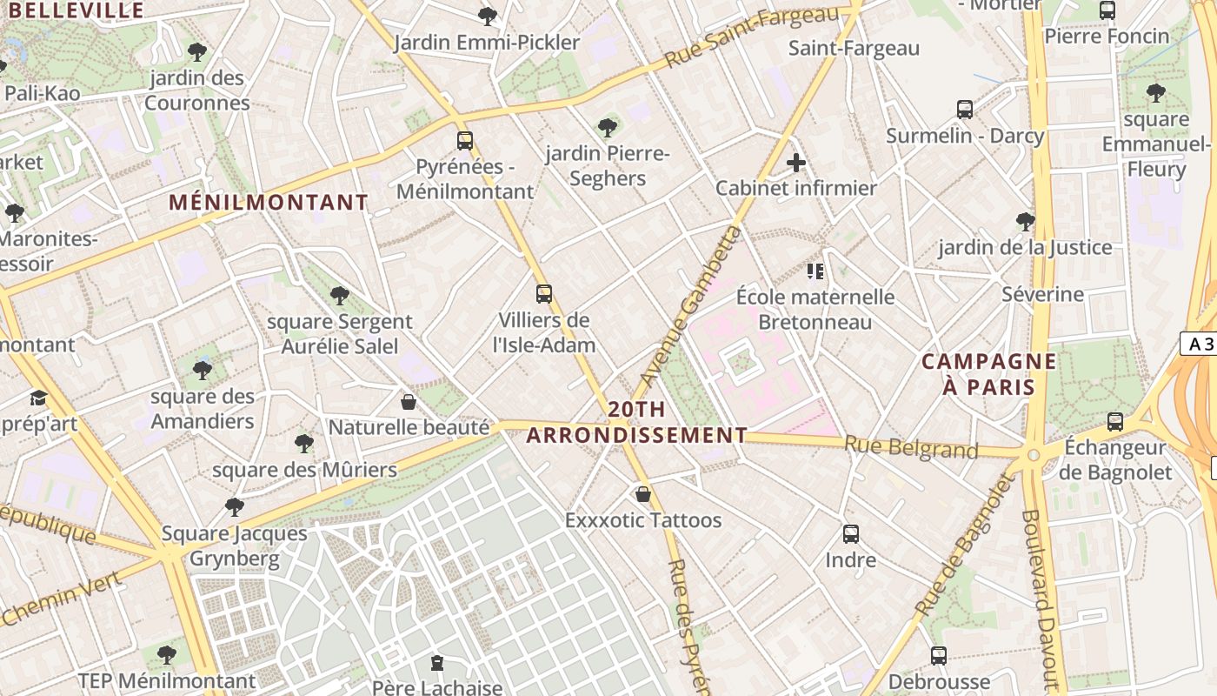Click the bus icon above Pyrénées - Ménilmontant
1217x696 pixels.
(465, 141)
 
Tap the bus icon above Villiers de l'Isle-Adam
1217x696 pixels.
(544, 294)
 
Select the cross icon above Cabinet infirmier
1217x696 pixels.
(795, 163)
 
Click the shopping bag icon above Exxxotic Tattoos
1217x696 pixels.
(643, 494)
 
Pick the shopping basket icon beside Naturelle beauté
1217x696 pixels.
(408, 402)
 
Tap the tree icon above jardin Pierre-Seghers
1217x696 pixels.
(608, 128)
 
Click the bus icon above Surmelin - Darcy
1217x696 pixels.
(965, 110)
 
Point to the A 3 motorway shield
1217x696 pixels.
(1200, 344)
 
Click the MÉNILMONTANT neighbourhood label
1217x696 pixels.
(269, 203)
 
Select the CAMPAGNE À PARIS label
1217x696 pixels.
(989, 374)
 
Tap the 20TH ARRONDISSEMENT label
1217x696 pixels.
(637, 422)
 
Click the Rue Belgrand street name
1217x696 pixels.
(911, 448)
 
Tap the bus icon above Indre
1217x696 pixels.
(851, 534)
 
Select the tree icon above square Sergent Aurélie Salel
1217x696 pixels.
(340, 296)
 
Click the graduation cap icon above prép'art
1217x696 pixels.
(38, 398)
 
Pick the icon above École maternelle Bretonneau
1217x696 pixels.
(815, 271)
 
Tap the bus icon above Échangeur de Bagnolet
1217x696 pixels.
(1115, 422)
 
